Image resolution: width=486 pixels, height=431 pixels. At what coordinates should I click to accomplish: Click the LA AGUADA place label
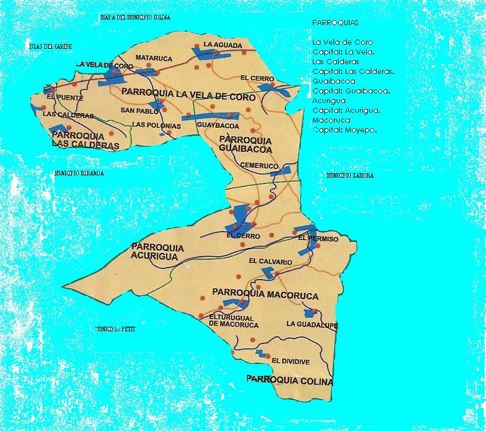click(218, 44)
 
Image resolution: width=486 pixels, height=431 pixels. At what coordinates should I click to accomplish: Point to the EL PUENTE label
click(57, 97)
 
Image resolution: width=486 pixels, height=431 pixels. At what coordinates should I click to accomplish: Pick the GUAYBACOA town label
click(218, 124)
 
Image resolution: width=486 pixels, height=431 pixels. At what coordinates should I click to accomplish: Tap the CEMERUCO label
click(260, 166)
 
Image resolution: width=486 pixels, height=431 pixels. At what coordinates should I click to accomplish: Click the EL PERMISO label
click(319, 238)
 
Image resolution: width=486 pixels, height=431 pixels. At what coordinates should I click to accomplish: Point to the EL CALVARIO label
click(271, 261)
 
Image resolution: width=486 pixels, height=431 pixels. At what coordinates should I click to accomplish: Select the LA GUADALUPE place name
click(313, 324)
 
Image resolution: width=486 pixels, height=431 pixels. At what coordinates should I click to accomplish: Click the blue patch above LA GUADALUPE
click(310, 313)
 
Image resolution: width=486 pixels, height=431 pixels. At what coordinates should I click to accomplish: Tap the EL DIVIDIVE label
click(291, 361)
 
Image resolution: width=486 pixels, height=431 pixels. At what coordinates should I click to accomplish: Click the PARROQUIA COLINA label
click(289, 379)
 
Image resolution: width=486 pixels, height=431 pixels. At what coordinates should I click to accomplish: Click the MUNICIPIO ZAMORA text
click(350, 176)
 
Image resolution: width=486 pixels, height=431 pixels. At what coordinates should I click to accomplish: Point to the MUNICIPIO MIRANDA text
click(79, 173)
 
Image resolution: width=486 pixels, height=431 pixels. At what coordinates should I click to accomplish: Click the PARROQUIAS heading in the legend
click(335, 22)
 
